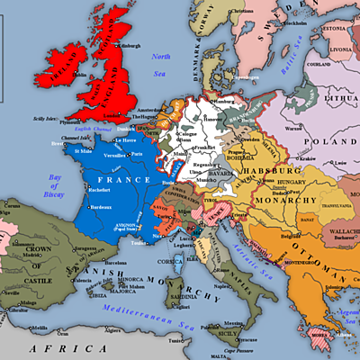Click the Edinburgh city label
tap(129, 45)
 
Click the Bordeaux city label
tap(107, 208)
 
